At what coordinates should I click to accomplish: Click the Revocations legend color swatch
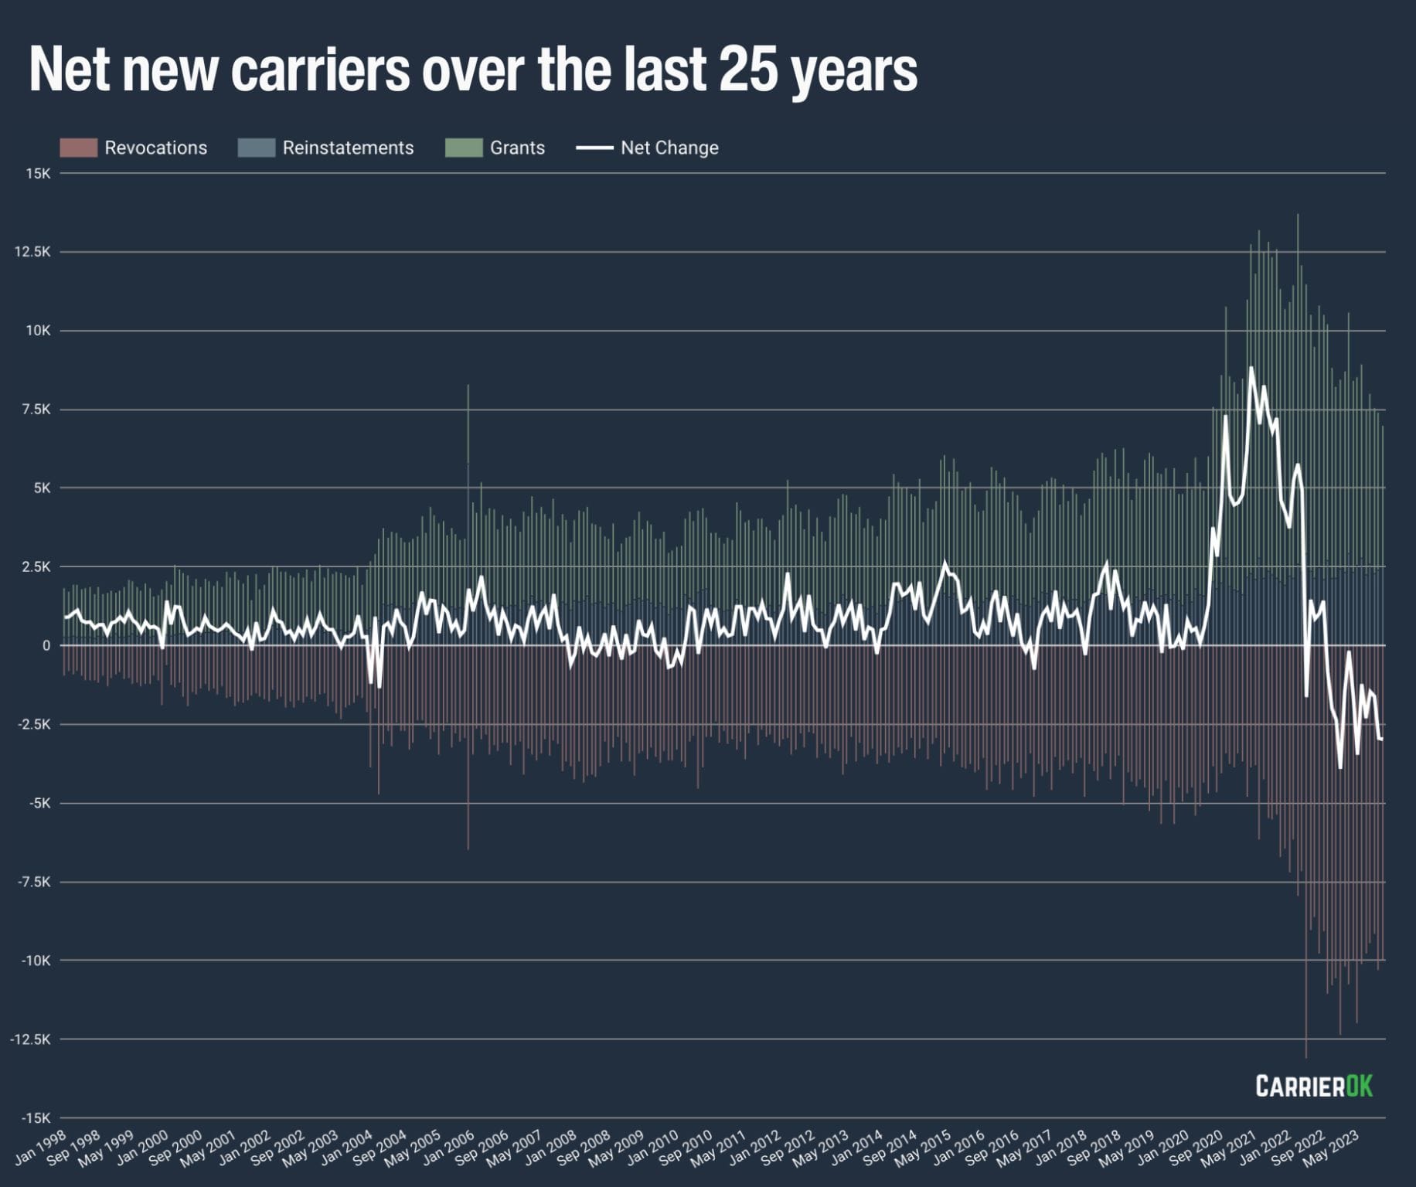(78, 148)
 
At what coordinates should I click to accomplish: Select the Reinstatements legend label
(348, 148)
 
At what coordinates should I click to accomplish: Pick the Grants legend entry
(516, 148)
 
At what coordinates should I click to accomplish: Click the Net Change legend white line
(594, 148)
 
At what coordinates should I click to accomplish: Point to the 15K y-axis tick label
(37, 173)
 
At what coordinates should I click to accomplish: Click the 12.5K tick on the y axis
(32, 252)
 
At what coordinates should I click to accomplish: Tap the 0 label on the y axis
(46, 645)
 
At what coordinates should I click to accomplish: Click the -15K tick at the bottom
(36, 1117)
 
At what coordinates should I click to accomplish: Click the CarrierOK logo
(1313, 1086)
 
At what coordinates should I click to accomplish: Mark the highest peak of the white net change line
(1251, 369)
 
